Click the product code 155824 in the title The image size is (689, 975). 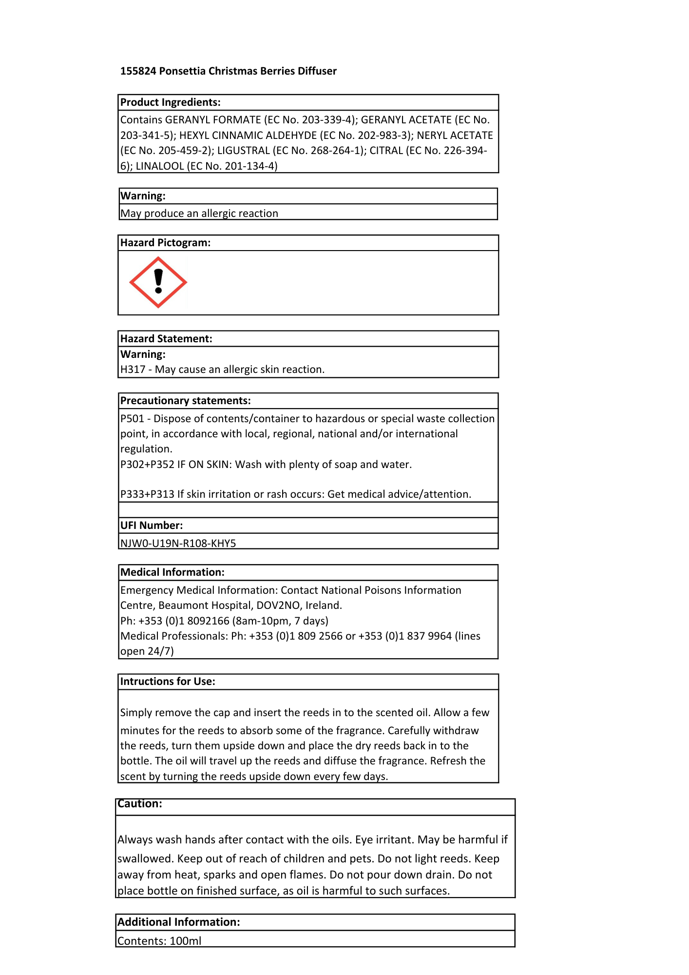[138, 71]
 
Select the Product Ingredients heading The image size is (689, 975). [171, 102]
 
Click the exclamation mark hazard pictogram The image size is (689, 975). [158, 282]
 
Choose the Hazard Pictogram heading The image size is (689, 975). [166, 243]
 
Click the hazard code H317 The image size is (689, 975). [133, 370]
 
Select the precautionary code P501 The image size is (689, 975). [133, 419]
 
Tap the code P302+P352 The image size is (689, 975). [147, 465]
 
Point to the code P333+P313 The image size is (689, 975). [147, 494]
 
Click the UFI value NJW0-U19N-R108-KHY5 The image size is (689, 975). [178, 543]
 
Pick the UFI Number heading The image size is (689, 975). [152, 526]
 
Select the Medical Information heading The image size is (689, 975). [172, 572]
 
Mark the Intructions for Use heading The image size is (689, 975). [168, 682]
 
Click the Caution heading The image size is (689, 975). [140, 804]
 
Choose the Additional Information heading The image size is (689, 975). [179, 922]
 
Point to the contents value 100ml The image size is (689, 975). [186, 941]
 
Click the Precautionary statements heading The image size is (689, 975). [186, 401]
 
